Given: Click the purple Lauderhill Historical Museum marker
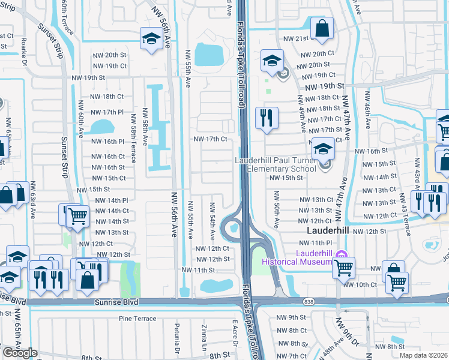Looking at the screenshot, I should pyautogui.click(x=342, y=255).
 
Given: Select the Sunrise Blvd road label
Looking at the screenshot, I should pyautogui.click(x=116, y=303).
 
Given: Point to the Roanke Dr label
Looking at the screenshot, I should pyautogui.click(x=25, y=52).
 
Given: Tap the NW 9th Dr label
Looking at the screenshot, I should pyautogui.click(x=349, y=335).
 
